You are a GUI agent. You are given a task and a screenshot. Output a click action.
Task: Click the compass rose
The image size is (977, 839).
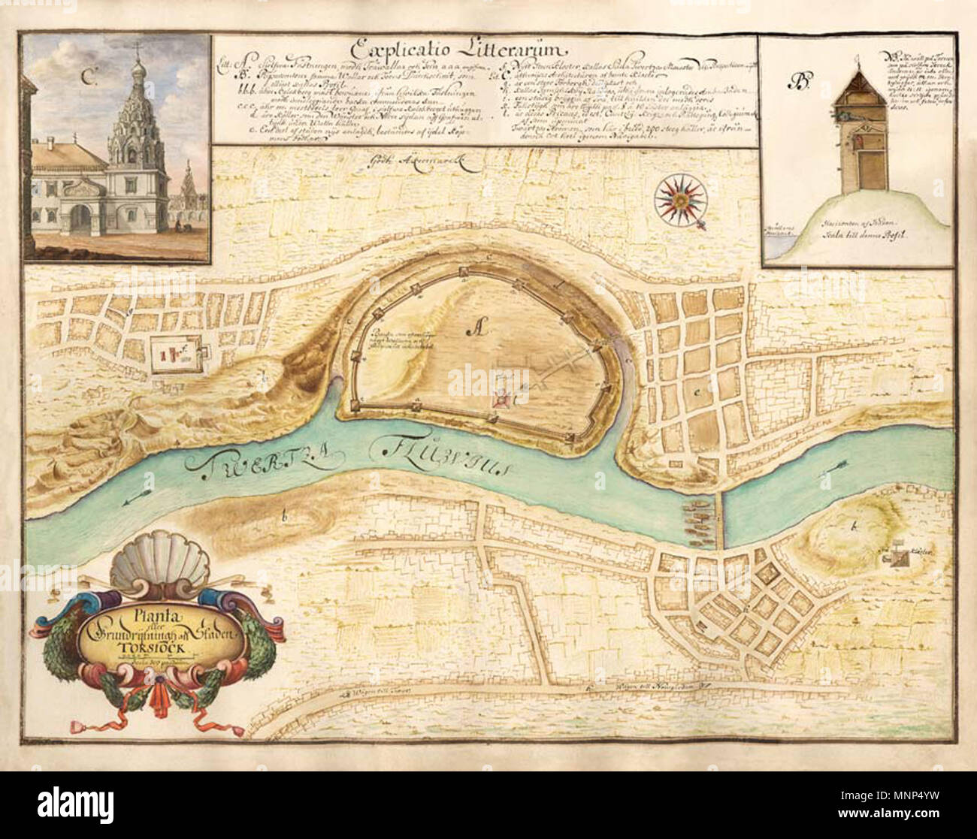click(681, 198)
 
